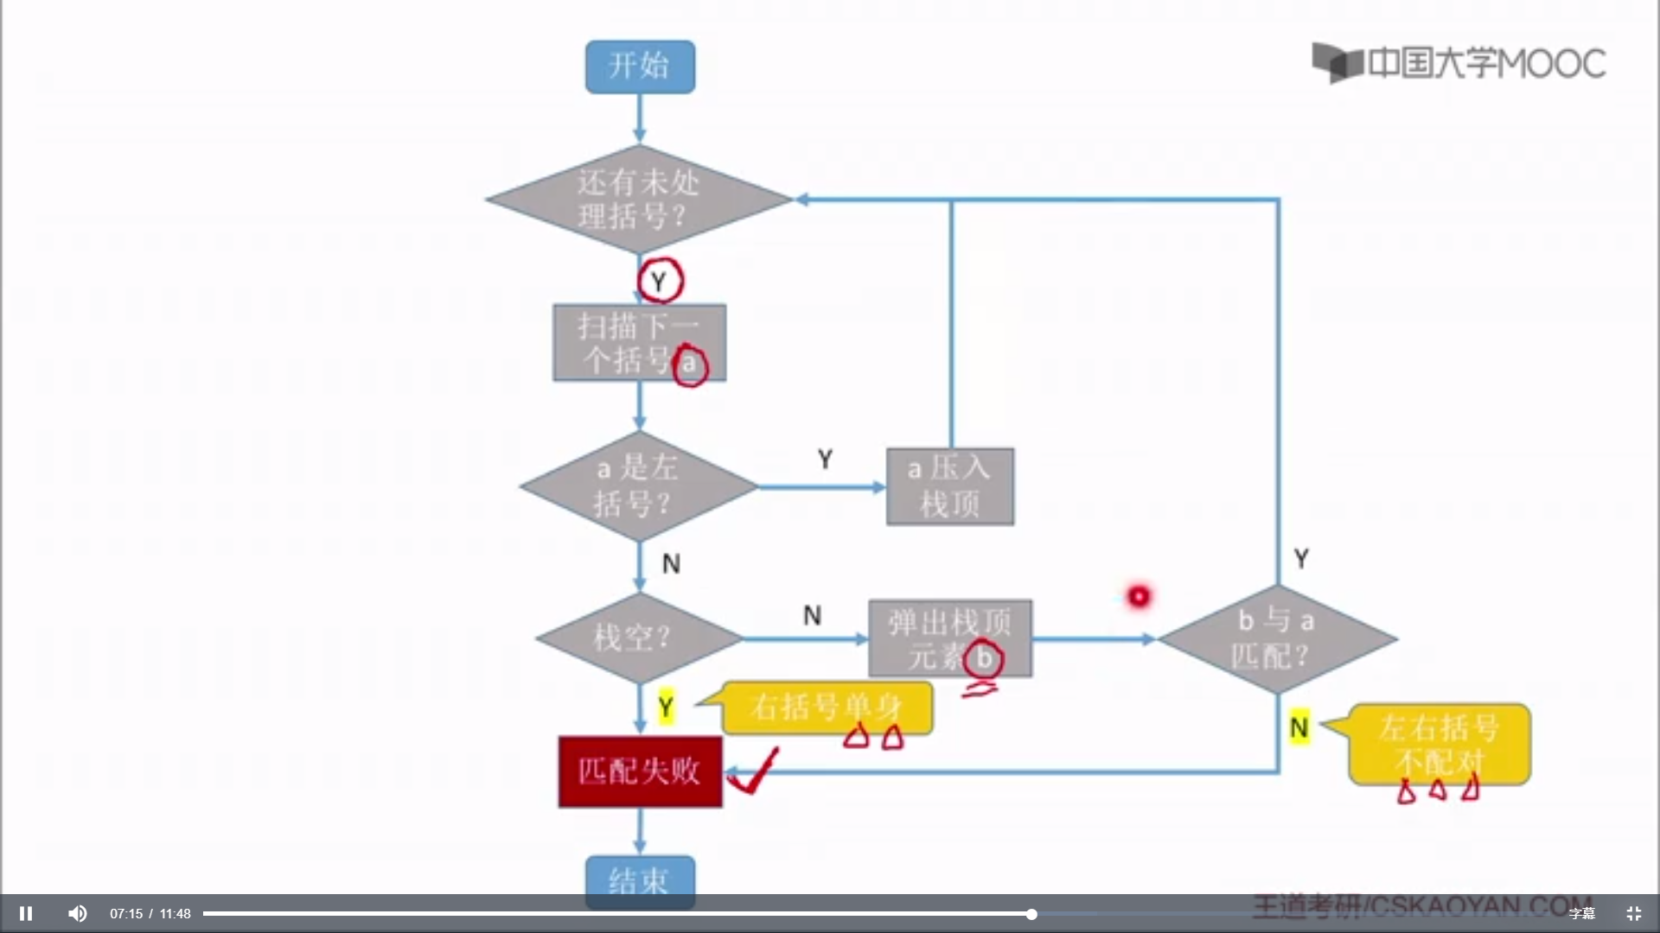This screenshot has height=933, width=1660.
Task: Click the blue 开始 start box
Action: pyautogui.click(x=640, y=67)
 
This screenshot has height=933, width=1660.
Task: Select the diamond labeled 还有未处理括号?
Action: pyautogui.click(x=638, y=200)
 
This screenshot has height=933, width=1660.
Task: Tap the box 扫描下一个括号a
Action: pyautogui.click(x=639, y=343)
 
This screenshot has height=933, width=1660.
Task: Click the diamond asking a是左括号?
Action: pyautogui.click(x=638, y=486)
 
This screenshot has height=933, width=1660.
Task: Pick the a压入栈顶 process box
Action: pyautogui.click(x=949, y=486)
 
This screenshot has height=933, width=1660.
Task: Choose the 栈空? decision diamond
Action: pyautogui.click(x=638, y=638)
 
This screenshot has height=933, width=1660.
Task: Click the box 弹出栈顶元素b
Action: pyautogui.click(x=949, y=638)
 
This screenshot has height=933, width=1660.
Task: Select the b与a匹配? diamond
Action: pyautogui.click(x=1277, y=639)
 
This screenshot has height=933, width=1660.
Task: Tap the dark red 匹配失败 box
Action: pyautogui.click(x=640, y=771)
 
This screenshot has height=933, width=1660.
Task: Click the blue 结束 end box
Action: pyautogui.click(x=640, y=879)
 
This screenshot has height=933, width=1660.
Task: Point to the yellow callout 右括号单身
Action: pyautogui.click(x=827, y=708)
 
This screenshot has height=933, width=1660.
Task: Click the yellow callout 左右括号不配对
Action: pyautogui.click(x=1439, y=744)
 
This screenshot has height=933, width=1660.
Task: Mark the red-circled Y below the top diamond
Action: pyautogui.click(x=660, y=282)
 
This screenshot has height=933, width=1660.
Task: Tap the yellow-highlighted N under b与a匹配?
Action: pyautogui.click(x=1299, y=728)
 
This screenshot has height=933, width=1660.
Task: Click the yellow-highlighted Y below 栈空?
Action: pyautogui.click(x=665, y=708)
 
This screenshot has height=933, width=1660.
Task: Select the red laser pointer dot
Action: pyautogui.click(x=1139, y=596)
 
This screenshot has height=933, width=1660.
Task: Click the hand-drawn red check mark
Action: pyautogui.click(x=753, y=772)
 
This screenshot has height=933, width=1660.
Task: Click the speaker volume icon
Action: pyautogui.click(x=78, y=913)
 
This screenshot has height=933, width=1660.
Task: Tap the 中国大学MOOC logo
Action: pyautogui.click(x=1459, y=63)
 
